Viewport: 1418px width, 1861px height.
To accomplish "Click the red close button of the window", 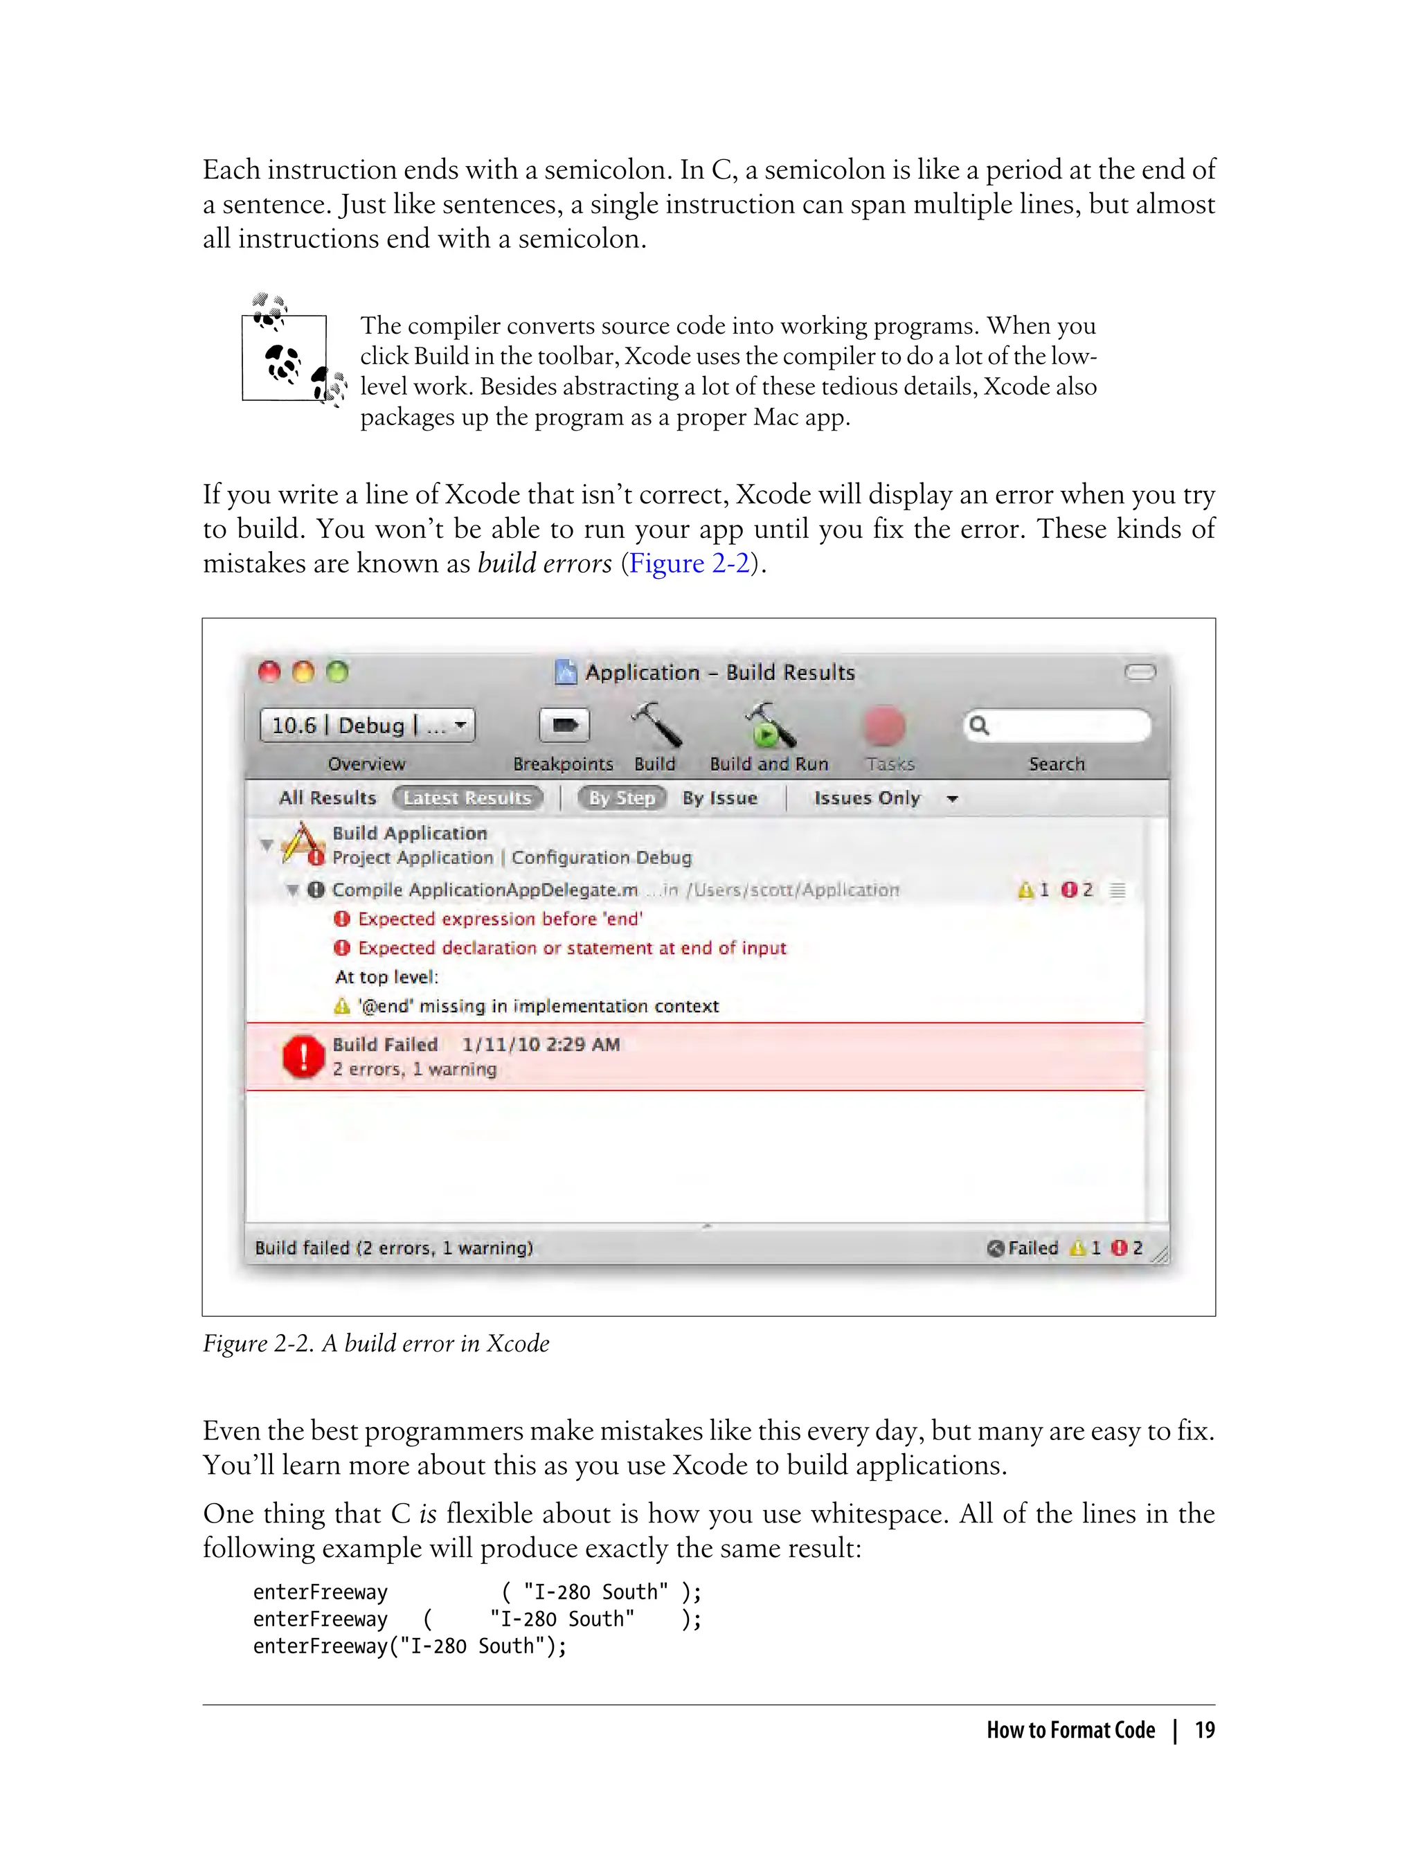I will click(269, 672).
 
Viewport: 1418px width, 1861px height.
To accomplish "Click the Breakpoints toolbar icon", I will click(564, 725).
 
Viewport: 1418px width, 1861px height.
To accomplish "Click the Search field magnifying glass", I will click(979, 725).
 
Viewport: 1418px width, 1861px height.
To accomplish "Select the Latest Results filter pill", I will click(467, 798).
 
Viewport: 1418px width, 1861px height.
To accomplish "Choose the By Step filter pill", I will click(622, 798).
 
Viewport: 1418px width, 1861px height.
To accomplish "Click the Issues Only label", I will click(867, 798).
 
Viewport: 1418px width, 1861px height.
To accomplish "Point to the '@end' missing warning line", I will click(538, 1006).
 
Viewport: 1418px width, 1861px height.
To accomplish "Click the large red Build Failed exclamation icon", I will click(303, 1057).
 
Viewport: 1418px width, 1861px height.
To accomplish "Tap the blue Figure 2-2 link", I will click(690, 563).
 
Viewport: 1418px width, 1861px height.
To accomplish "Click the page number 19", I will click(1205, 1730).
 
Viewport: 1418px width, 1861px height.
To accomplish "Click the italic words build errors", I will click(544, 563).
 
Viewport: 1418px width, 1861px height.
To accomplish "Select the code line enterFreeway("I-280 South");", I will click(409, 1646).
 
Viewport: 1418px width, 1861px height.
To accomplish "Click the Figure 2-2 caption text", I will click(375, 1343).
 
